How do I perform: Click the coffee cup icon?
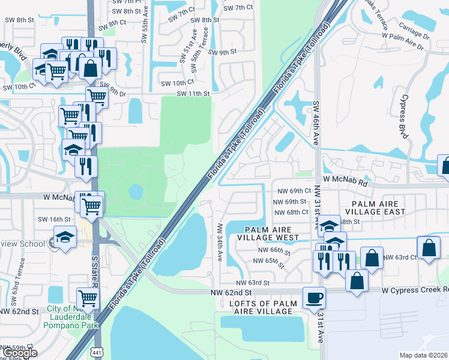pyautogui.click(x=314, y=297)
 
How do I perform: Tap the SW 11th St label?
pyautogui.click(x=193, y=94)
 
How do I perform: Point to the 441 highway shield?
pyautogui.click(x=96, y=351)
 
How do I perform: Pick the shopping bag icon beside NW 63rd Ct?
pyautogui.click(x=429, y=247)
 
